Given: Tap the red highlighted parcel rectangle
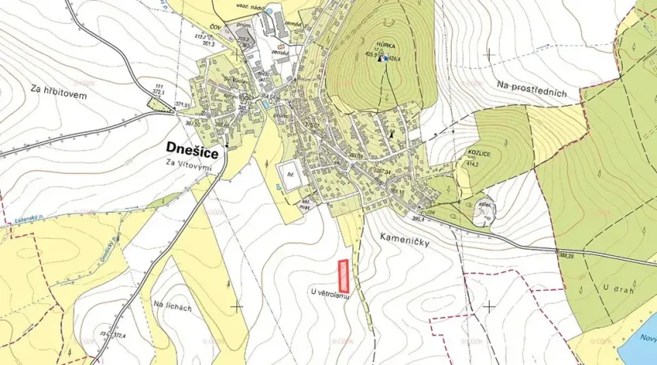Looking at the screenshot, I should click(x=344, y=276).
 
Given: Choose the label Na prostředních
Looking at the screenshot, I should click(x=532, y=87).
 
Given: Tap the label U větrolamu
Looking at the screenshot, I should click(x=332, y=294).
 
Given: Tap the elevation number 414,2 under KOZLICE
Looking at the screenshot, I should click(x=473, y=164).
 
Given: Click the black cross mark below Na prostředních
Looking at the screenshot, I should click(x=490, y=55).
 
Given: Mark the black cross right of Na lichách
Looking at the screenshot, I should click(x=237, y=306).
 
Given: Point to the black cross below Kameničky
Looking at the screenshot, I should click(x=490, y=305).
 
